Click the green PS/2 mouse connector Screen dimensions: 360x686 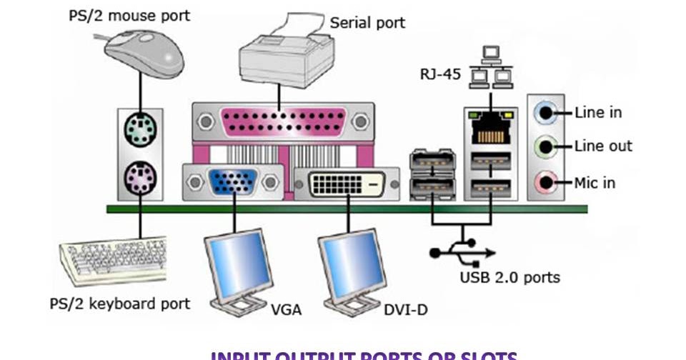coord(139,131)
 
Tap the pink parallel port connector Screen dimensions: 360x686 coord(283,122)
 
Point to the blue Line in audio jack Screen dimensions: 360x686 coord(547,112)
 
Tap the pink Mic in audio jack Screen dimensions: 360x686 coord(547,182)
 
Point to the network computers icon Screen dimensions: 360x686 coord(490,67)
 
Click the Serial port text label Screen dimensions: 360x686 coord(367,23)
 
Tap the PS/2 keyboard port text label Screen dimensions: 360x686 coord(120,304)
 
